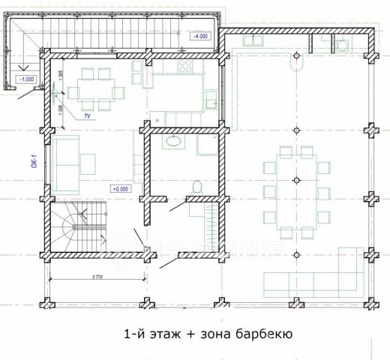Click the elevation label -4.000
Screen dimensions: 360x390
click(x=202, y=35)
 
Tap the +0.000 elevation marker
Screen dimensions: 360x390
click(x=121, y=188)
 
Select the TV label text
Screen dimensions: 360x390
click(x=87, y=117)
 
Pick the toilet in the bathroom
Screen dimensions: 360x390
click(x=196, y=185)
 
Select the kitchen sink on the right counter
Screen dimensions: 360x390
click(x=212, y=97)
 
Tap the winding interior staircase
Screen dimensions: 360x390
click(x=79, y=228)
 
